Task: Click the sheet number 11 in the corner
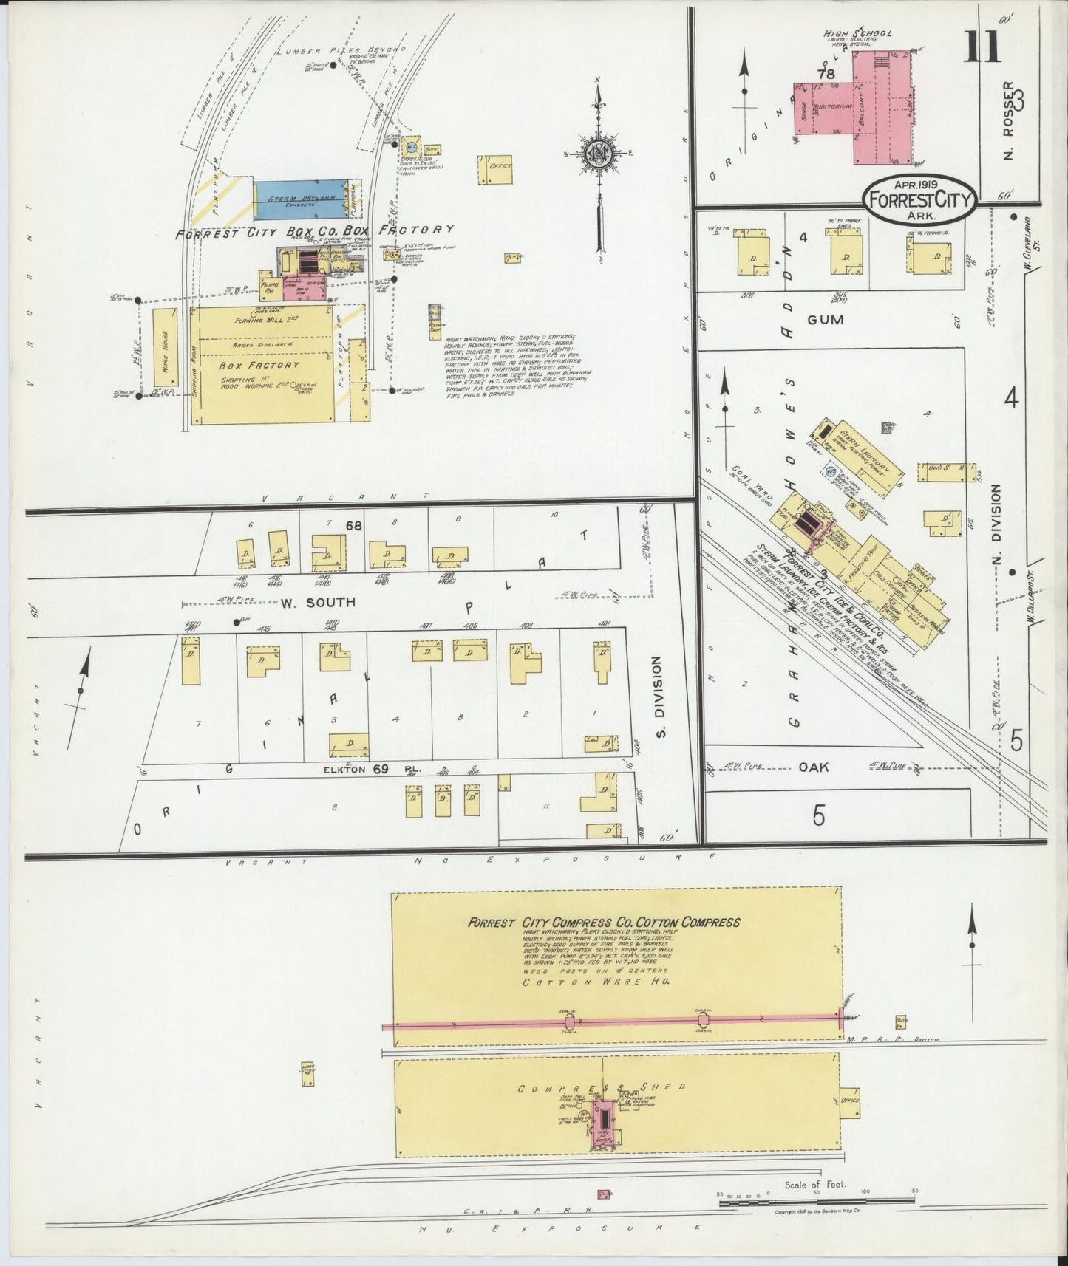(x=982, y=49)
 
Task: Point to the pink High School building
(x=881, y=107)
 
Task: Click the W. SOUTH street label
(x=318, y=602)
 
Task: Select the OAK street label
(x=813, y=767)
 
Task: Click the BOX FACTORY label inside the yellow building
(x=259, y=365)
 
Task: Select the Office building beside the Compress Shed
(x=849, y=1101)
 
